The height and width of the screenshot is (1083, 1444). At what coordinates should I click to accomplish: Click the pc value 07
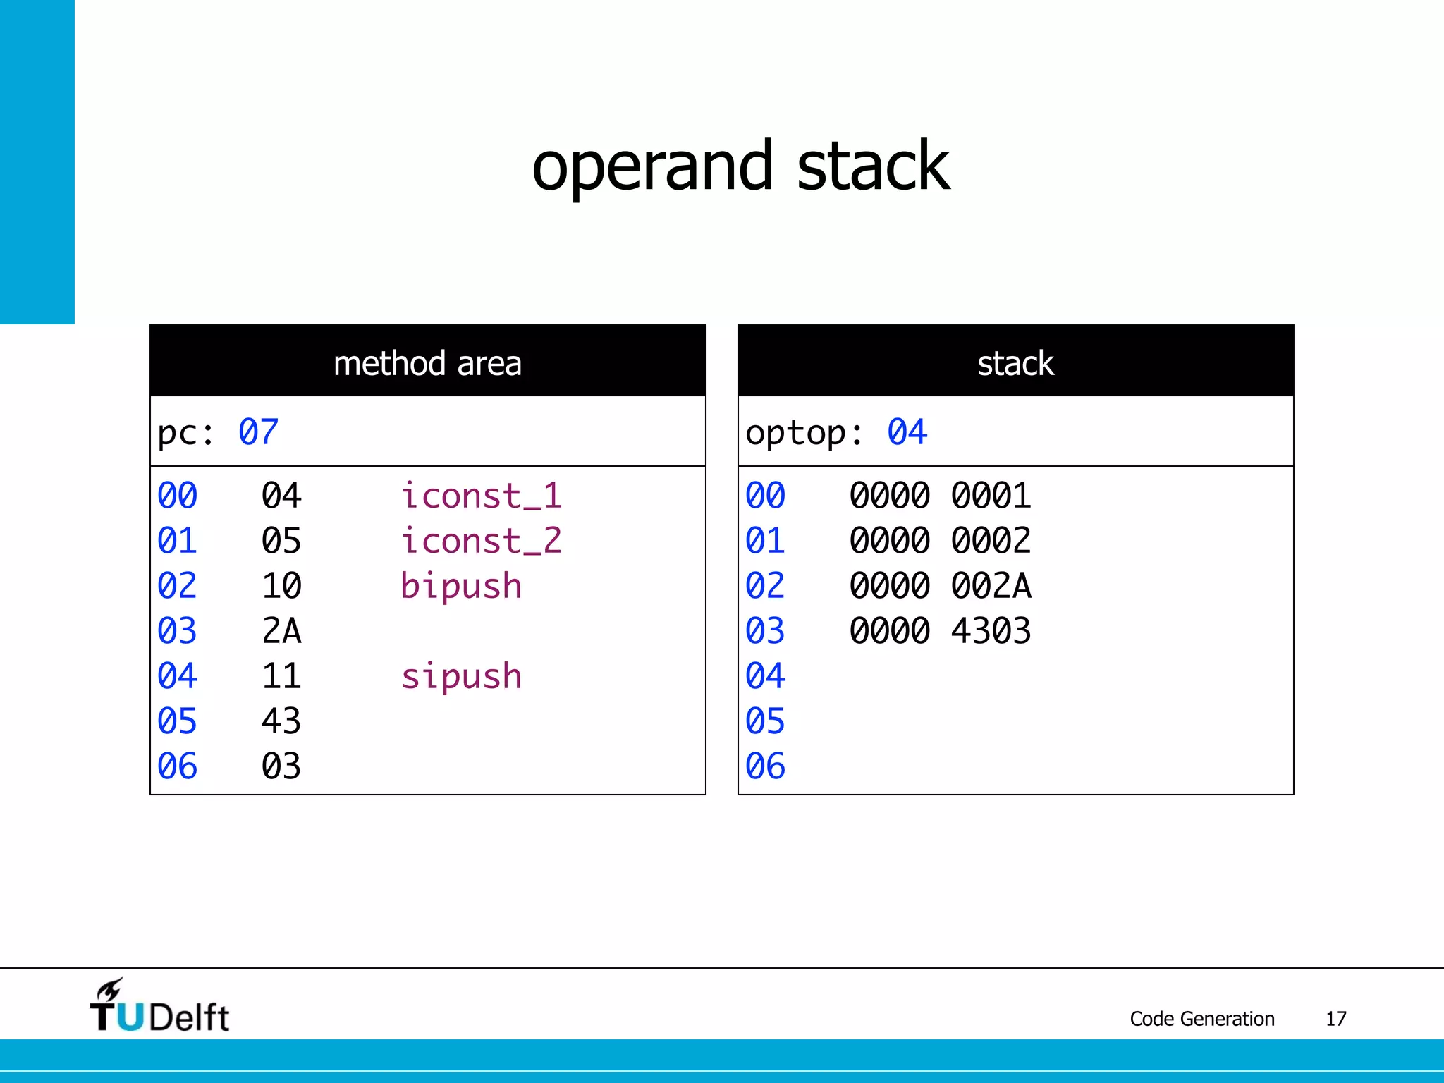(258, 432)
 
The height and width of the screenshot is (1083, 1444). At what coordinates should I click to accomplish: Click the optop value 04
(907, 432)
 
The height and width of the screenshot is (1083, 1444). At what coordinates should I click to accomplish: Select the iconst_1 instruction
(481, 496)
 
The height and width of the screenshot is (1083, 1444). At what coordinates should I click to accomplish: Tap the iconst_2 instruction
(481, 541)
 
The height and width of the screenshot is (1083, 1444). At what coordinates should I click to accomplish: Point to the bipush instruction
(461, 586)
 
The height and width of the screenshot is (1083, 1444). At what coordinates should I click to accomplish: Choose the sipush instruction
(461, 676)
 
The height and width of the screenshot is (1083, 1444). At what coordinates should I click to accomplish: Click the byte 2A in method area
(281, 631)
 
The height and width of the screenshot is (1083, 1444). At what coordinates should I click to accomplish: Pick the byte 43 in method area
(281, 721)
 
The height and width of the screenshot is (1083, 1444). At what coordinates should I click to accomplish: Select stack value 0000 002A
(940, 586)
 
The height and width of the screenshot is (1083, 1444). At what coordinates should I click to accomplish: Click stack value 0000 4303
(940, 631)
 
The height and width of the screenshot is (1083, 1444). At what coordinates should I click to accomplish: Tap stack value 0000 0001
(940, 496)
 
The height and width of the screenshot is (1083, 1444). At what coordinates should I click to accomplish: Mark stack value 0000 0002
(940, 541)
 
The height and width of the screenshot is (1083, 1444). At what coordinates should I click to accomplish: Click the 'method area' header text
(427, 364)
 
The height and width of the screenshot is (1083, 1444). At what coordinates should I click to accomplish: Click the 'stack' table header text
(1015, 364)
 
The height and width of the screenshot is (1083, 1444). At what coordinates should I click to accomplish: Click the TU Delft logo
(159, 1007)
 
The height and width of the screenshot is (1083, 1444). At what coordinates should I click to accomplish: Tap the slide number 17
(1335, 1019)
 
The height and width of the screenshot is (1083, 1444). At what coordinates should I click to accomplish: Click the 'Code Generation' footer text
(1202, 1019)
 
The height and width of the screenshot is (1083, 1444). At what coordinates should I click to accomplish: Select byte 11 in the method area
(281, 676)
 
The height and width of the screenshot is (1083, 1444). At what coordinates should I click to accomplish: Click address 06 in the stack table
(765, 766)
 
